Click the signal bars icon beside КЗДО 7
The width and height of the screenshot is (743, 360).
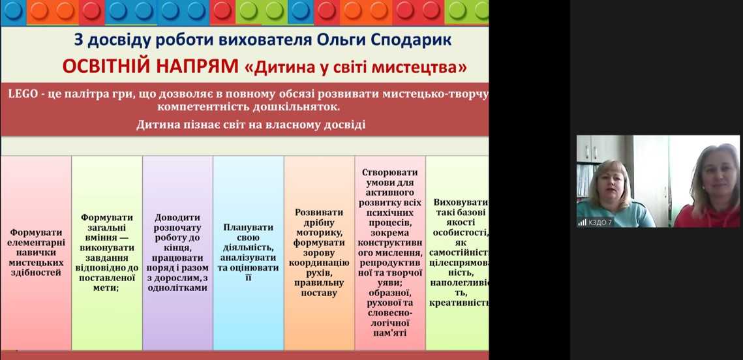pyautogui.click(x=583, y=222)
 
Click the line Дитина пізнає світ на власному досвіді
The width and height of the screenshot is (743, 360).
pyautogui.click(x=250, y=125)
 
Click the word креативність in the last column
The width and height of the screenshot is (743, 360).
pyautogui.click(x=459, y=303)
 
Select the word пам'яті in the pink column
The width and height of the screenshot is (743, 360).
pyautogui.click(x=390, y=333)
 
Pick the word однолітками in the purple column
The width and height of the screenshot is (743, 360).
pyautogui.click(x=178, y=287)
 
